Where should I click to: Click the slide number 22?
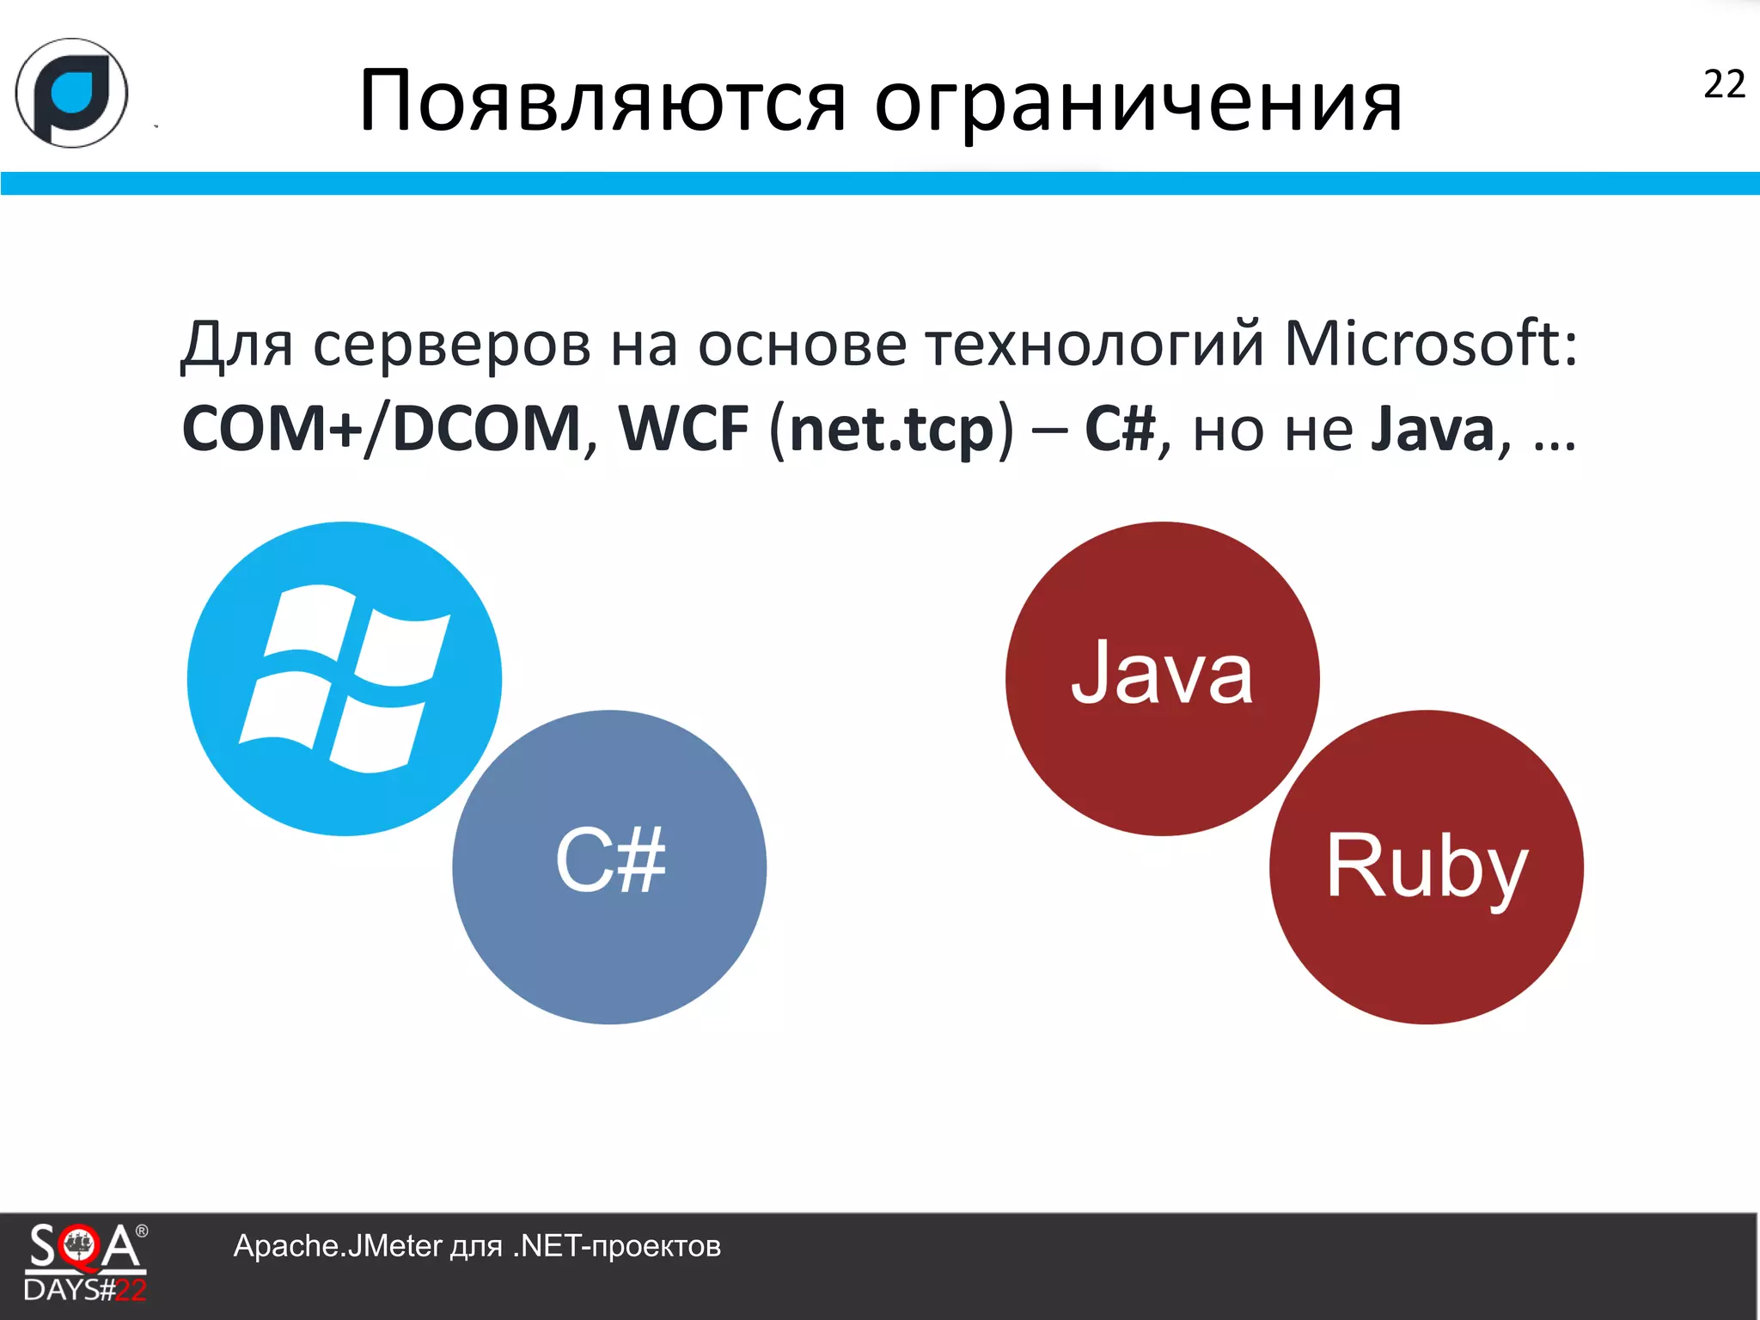coord(1723,85)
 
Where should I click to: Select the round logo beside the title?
coord(72,93)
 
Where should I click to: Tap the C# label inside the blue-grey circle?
coord(610,861)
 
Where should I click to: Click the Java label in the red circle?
coord(1162,675)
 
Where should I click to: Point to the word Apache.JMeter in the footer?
coord(337,1246)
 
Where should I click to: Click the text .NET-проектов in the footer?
coord(617,1246)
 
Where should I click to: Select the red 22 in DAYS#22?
coord(131,1290)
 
